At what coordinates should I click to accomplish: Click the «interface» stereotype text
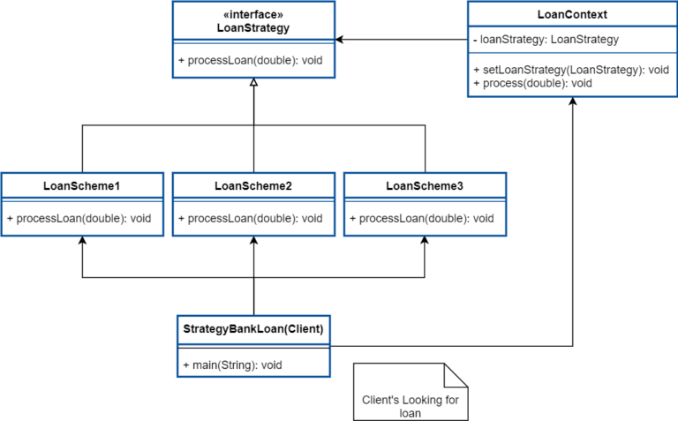[x=252, y=14]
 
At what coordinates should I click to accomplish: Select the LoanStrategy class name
[x=252, y=28]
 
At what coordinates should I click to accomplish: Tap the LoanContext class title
[x=572, y=15]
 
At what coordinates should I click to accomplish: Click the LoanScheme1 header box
[x=82, y=185]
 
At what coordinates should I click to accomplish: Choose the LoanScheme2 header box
[x=253, y=185]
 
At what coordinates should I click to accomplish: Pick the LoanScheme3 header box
[x=425, y=185]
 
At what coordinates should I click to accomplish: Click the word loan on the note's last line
[x=410, y=412]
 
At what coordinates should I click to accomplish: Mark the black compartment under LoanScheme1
[x=78, y=218]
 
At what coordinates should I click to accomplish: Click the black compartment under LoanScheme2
[x=249, y=218]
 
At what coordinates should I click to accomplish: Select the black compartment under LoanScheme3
[x=420, y=218]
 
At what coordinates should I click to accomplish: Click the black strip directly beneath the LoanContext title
[x=544, y=41]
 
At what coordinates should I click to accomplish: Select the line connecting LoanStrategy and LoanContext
[x=403, y=39]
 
